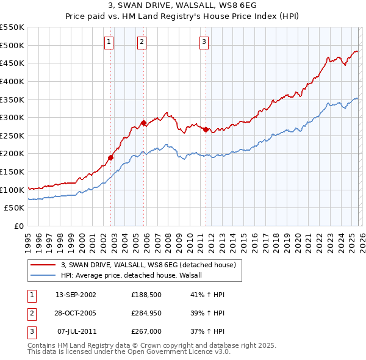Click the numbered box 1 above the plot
[x=109, y=42]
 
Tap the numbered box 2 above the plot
[x=142, y=42]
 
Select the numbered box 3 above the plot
[x=204, y=42]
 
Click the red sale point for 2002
[x=111, y=157]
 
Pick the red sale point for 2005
[x=144, y=123]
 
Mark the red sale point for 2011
[x=206, y=129]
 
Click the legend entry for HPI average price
[x=135, y=275]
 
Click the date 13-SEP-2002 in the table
[x=76, y=294]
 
